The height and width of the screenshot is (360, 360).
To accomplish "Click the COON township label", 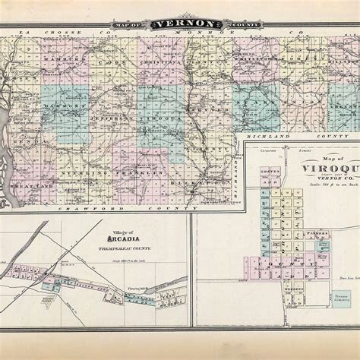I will [116, 61].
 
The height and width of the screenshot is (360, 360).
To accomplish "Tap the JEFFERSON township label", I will [112, 120].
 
